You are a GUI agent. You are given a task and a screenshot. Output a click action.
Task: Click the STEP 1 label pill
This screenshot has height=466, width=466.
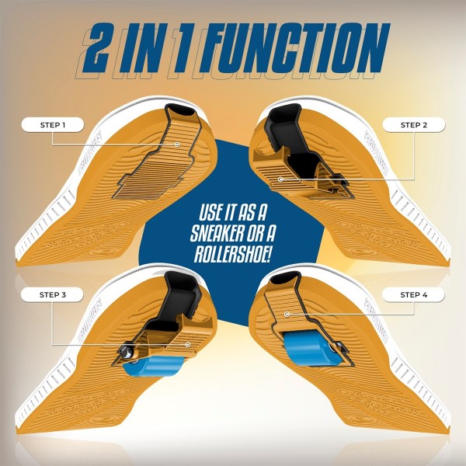point(53,125)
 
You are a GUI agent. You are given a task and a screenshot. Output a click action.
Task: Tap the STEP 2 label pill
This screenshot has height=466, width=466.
point(414,125)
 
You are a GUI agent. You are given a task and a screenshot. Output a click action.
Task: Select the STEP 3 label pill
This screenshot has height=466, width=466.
point(53,295)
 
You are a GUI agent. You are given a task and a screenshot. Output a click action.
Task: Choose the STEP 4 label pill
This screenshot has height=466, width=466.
point(413,295)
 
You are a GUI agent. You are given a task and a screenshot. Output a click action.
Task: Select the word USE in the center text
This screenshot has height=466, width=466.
point(212,213)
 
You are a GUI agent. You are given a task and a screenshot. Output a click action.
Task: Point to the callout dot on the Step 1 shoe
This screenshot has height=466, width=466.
point(177,144)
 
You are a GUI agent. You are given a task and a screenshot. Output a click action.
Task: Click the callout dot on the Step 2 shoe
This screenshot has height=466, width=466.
point(280,179)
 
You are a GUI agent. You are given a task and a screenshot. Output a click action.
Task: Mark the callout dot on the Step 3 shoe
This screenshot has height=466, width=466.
point(187,344)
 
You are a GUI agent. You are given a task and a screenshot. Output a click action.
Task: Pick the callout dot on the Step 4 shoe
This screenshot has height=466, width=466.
point(287,314)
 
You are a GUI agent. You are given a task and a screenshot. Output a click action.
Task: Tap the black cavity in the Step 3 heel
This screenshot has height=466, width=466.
point(181,294)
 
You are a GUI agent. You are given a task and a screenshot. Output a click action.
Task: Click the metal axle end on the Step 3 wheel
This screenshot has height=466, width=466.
point(126,352)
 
